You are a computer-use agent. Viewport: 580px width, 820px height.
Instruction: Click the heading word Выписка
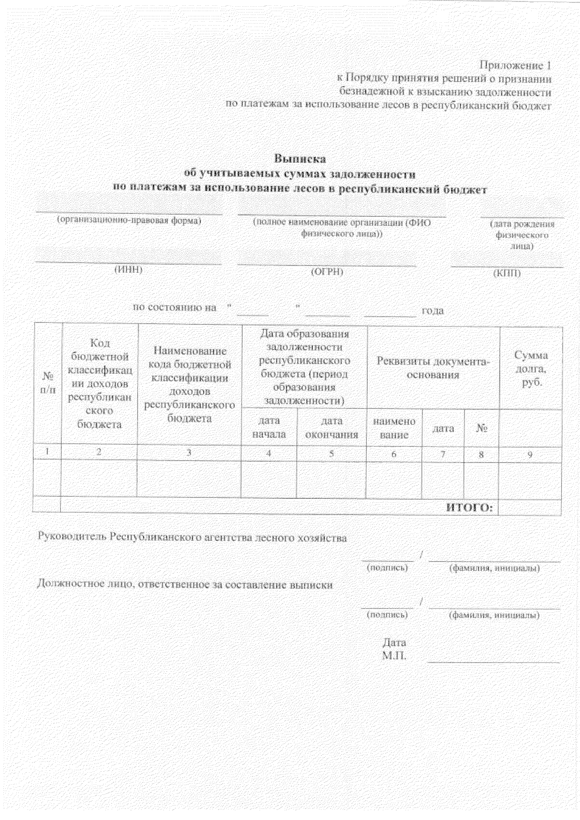click(300, 158)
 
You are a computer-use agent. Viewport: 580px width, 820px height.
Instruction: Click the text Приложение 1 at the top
click(515, 65)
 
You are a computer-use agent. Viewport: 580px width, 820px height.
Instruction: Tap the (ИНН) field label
click(128, 270)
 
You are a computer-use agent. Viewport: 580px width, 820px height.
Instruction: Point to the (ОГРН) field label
click(327, 272)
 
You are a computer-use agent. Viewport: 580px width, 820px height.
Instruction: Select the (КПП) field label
click(507, 273)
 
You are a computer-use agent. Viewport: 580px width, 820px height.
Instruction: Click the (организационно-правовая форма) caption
click(129, 221)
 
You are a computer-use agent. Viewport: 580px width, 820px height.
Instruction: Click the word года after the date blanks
click(433, 311)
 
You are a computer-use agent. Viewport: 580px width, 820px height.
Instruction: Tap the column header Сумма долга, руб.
click(531, 368)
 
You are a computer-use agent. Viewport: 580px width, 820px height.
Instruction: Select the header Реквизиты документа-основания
click(433, 368)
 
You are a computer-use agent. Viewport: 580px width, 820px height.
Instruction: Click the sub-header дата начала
click(269, 427)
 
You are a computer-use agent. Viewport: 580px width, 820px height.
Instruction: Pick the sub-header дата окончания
click(332, 428)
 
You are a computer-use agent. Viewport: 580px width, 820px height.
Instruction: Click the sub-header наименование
click(394, 428)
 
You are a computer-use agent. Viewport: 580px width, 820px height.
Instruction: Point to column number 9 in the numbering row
click(530, 454)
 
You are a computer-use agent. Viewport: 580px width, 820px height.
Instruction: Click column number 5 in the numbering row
click(332, 453)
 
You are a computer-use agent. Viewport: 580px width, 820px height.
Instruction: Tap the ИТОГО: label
click(468, 507)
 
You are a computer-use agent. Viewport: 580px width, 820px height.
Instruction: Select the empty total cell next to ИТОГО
click(530, 507)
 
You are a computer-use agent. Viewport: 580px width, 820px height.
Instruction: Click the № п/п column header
click(47, 382)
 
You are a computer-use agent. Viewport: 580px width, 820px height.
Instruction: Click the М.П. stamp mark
click(394, 656)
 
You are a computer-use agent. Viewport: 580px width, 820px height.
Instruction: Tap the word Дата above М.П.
click(394, 643)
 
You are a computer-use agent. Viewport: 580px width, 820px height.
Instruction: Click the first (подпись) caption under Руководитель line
click(388, 568)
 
